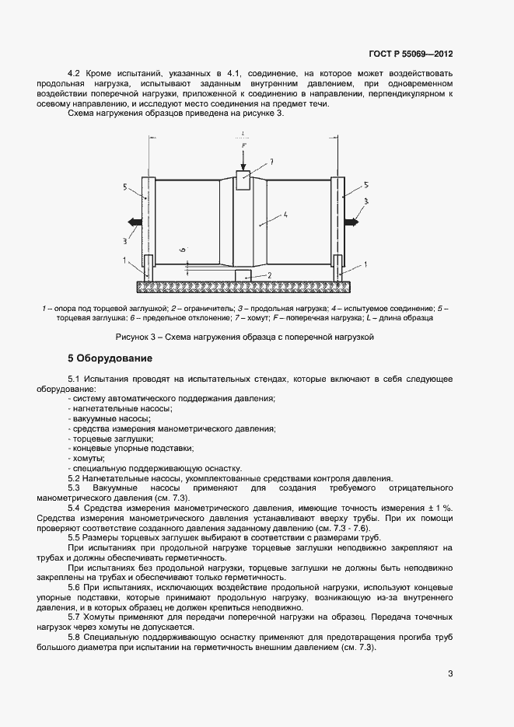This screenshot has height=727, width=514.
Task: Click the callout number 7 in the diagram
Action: (x=271, y=162)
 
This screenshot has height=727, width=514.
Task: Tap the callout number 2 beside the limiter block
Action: (x=268, y=274)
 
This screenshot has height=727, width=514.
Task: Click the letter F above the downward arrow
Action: (x=243, y=145)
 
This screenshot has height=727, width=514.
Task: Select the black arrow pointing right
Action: (x=351, y=222)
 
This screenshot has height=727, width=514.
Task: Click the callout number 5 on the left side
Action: (x=125, y=187)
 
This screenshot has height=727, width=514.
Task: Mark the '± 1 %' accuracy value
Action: (x=440, y=508)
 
